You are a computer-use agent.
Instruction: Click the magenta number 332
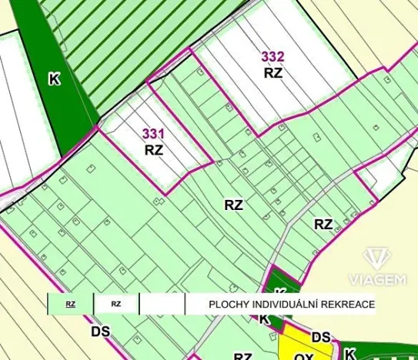point(273,56)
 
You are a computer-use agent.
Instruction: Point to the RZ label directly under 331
point(153,150)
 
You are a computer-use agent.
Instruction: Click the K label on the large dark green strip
point(54,79)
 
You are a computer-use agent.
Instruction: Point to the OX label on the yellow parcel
point(303,356)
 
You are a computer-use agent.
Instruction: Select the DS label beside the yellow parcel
point(321,338)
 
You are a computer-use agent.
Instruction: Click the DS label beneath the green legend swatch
point(99,332)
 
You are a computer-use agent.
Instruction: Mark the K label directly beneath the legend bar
point(264,319)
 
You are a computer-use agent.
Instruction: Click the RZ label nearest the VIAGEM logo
point(323,225)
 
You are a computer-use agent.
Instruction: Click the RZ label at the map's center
point(234,205)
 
